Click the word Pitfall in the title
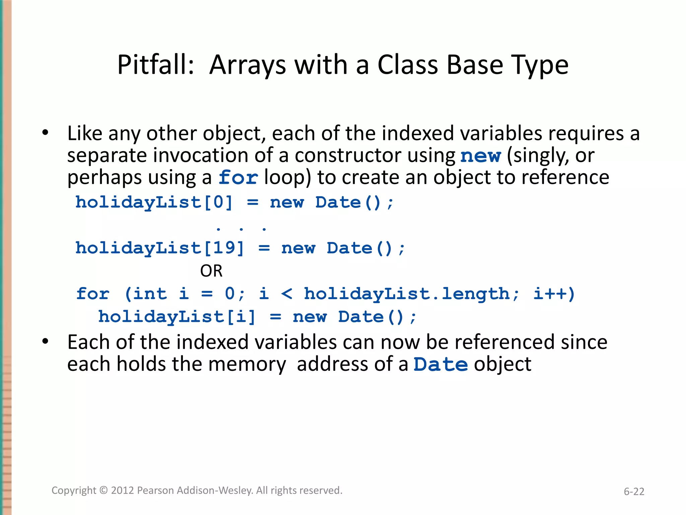click(155, 65)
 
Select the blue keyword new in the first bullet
click(480, 156)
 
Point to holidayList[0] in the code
click(154, 203)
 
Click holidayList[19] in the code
click(160, 248)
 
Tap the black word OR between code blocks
click(211, 271)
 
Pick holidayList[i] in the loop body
click(177, 317)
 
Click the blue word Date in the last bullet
click(440, 364)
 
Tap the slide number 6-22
click(634, 492)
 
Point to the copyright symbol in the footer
click(104, 491)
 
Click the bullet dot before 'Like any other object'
click(45, 133)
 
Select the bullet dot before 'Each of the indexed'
click(45, 342)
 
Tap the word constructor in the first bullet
click(348, 156)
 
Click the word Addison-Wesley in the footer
click(215, 491)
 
